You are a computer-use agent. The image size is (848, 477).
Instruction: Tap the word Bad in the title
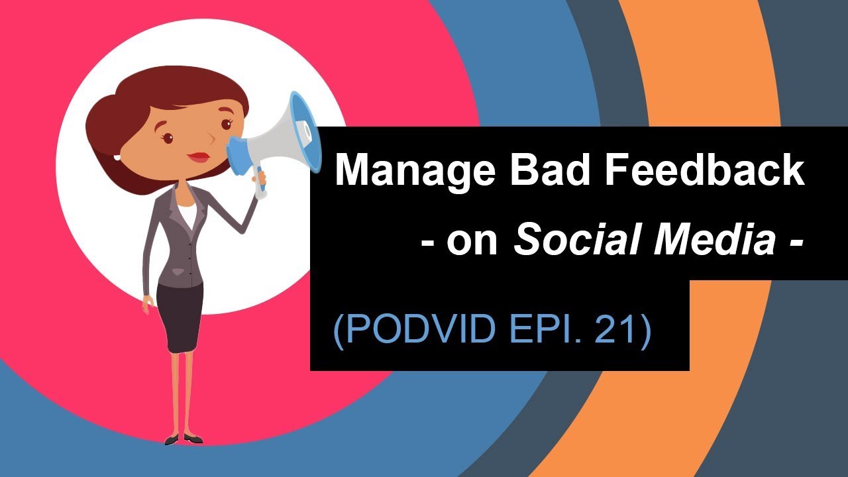[541, 170]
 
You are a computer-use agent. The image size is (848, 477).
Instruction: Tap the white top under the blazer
[187, 215]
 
